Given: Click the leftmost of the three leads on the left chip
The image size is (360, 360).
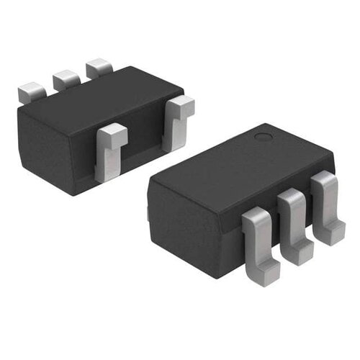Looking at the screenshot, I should [x=30, y=91].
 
